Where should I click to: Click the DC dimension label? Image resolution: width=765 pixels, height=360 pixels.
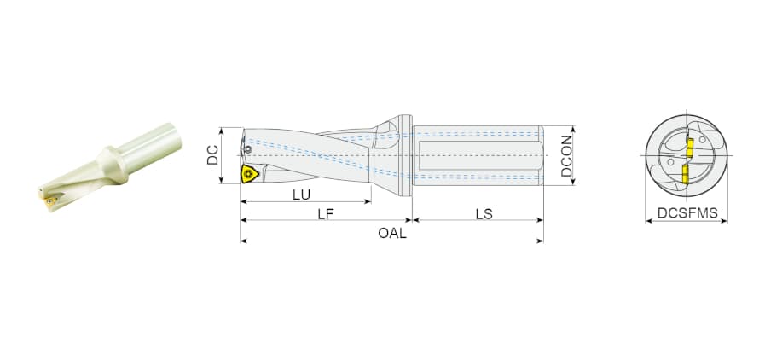point(212,155)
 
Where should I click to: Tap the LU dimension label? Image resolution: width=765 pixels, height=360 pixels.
point(302,195)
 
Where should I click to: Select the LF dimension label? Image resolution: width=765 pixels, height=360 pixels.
point(326,213)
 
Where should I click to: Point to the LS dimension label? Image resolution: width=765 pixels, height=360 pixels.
point(484,213)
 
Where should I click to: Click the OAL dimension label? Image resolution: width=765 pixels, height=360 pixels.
point(392,234)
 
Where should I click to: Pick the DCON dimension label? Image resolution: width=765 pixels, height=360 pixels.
point(566,155)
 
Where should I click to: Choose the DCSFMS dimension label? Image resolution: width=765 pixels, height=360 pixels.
point(687,213)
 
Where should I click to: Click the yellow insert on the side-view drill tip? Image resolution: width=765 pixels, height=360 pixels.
point(250,174)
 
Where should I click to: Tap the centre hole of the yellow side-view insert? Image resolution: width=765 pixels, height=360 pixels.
point(249,172)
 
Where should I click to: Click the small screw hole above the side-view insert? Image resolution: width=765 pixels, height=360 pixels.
point(248,149)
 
